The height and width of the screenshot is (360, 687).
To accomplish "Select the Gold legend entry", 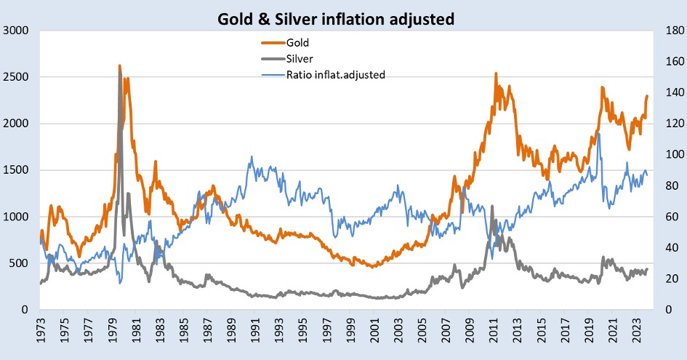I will coord(297,43).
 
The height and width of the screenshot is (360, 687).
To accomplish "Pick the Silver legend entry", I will coord(299,58).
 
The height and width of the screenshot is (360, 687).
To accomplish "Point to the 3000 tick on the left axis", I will coord(17,31).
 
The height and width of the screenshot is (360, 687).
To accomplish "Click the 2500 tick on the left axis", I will coord(17,77).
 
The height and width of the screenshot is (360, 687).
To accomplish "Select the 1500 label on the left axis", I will coord(17,170).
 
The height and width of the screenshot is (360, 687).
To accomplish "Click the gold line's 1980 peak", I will coord(120,66).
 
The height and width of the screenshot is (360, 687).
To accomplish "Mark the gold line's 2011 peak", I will coord(496,73).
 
